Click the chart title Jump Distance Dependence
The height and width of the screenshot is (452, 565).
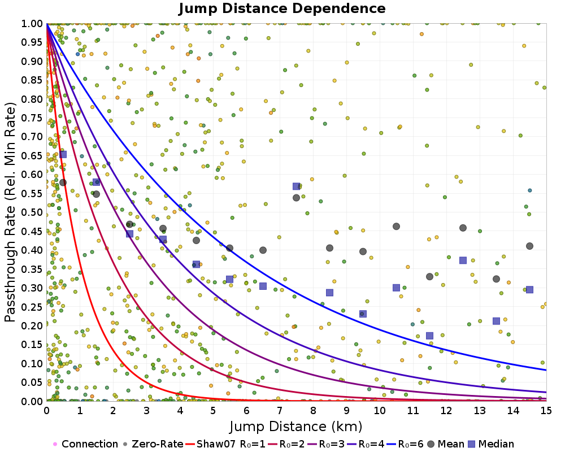(282, 8)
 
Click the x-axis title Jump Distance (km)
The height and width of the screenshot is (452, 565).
(296, 425)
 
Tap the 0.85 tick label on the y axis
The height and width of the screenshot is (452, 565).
(32, 80)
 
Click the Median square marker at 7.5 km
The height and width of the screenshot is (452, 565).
(296, 186)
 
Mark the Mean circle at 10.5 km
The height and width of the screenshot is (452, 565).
(396, 227)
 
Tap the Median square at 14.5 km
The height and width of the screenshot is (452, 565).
(529, 289)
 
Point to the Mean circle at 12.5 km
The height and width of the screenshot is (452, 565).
(463, 228)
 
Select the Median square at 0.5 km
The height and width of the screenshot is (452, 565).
(63, 154)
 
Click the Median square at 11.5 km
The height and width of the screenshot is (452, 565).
(429, 336)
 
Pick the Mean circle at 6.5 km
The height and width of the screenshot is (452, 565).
(263, 250)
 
